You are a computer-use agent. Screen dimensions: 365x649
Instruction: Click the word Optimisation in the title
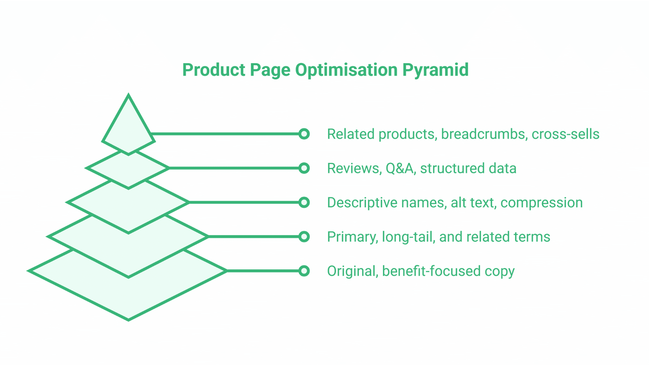[346, 70]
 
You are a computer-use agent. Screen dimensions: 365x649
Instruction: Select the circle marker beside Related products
[304, 134]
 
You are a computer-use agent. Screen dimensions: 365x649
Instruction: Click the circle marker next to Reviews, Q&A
[304, 168]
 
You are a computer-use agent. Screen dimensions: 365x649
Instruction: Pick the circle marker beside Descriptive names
[304, 202]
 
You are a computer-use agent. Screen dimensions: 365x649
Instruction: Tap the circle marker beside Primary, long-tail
[304, 237]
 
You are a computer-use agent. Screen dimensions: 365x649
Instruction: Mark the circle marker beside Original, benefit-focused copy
[304, 271]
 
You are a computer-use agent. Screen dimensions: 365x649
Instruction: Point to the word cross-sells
[565, 134]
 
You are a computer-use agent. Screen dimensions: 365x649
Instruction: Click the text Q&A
[400, 168]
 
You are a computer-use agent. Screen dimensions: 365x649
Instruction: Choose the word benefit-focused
[431, 271]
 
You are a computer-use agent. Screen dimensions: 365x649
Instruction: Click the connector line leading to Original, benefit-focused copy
[264, 271]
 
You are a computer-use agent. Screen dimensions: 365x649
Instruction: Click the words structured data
[468, 168]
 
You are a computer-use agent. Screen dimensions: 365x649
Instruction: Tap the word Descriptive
[362, 203]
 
